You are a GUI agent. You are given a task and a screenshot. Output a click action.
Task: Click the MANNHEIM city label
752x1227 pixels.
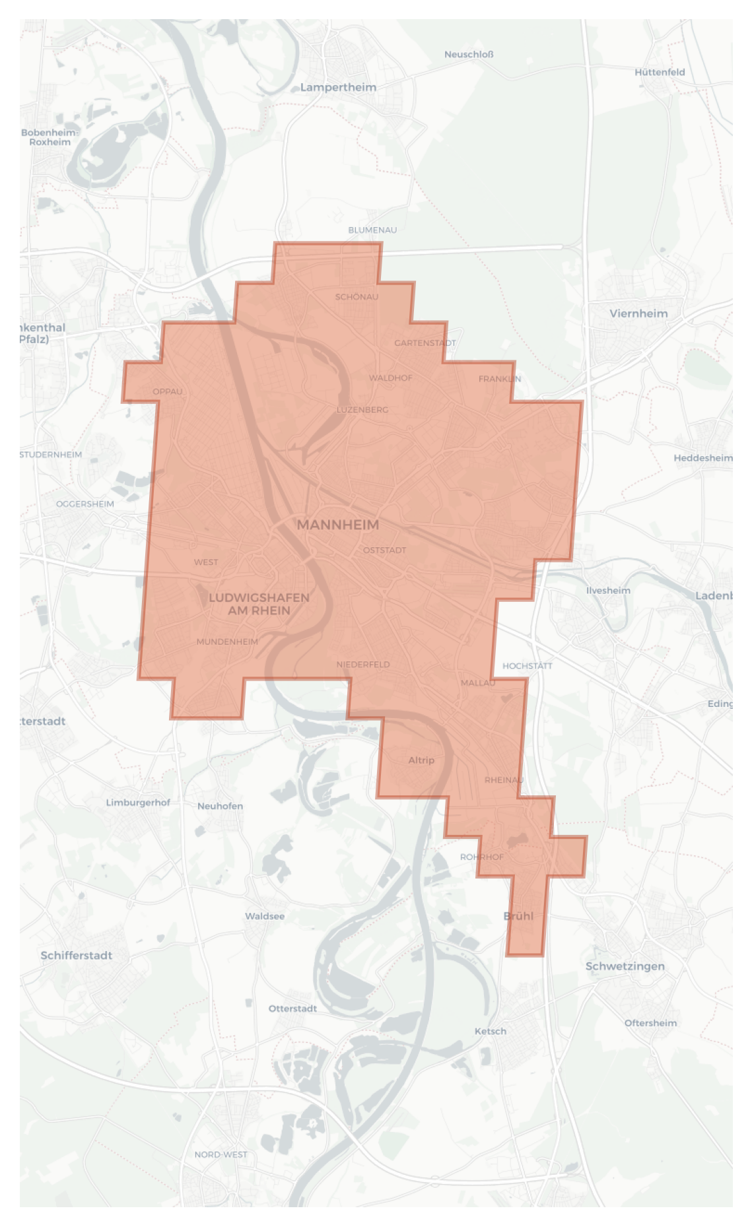pyautogui.click(x=337, y=525)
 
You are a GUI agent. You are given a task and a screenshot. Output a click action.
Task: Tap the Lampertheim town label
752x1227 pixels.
pyautogui.click(x=338, y=87)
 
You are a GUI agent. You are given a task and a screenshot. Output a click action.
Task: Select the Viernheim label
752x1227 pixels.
pyautogui.click(x=638, y=314)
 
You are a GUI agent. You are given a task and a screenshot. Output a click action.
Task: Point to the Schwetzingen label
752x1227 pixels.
pyautogui.click(x=625, y=966)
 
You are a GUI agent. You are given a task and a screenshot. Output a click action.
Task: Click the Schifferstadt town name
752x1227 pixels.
pyautogui.click(x=76, y=956)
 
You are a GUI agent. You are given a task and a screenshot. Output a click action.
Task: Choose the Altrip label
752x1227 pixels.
pyautogui.click(x=421, y=760)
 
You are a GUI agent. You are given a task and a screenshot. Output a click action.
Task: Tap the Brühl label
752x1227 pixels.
pyautogui.click(x=518, y=916)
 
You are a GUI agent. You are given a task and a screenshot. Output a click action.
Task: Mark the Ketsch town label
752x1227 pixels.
pyautogui.click(x=491, y=1032)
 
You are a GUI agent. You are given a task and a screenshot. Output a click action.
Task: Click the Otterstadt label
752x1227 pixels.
pyautogui.click(x=292, y=1009)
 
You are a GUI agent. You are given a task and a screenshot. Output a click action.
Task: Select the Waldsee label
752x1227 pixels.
pyautogui.click(x=265, y=916)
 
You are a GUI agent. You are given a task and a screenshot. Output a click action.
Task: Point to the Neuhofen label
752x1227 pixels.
pyautogui.click(x=220, y=806)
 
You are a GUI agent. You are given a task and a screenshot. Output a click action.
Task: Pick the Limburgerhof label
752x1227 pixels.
pyautogui.click(x=138, y=803)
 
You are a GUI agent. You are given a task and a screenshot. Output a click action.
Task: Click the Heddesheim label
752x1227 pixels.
pyautogui.click(x=702, y=458)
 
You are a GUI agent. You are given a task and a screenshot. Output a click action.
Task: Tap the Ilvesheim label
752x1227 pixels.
pyautogui.click(x=608, y=591)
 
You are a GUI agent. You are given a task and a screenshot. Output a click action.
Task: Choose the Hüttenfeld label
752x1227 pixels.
pyautogui.click(x=660, y=73)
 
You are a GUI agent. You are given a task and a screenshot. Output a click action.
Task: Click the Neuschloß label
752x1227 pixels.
pyautogui.click(x=469, y=54)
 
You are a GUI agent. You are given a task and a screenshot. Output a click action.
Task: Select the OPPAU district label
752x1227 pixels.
pyautogui.click(x=168, y=391)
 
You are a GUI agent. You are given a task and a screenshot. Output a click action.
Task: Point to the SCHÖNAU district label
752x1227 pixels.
pyautogui.click(x=357, y=297)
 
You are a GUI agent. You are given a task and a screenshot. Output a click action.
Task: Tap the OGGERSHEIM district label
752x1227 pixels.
pyautogui.click(x=85, y=504)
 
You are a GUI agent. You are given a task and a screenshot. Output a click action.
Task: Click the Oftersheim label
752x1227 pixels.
pyautogui.click(x=650, y=1023)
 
